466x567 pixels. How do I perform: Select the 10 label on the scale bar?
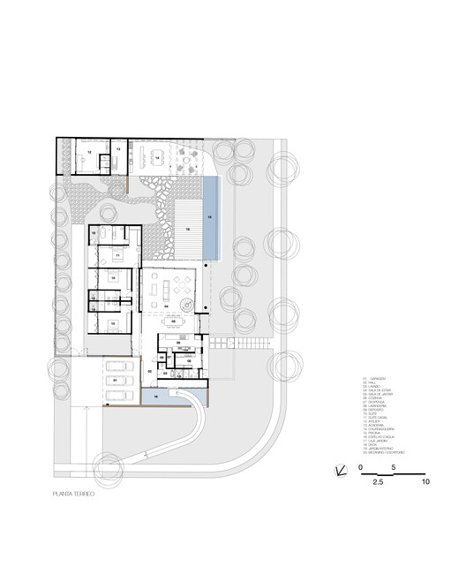[x=425, y=482]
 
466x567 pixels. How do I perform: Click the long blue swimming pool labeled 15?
[x=209, y=217]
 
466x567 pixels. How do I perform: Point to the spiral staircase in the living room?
[x=188, y=305]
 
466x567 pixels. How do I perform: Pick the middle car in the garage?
[x=115, y=381]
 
